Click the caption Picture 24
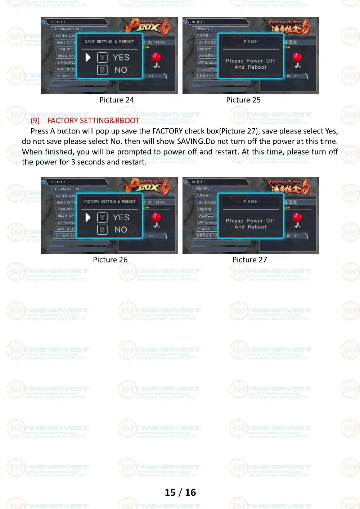coord(116,100)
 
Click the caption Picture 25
coord(243,100)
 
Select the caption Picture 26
coord(110,260)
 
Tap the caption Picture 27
coord(249,260)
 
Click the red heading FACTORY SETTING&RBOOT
coord(93,121)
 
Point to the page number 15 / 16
coord(180,492)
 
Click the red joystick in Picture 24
coord(157,59)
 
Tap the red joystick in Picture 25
coord(298,59)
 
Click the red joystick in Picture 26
coord(157,219)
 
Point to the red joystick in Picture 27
coord(298,219)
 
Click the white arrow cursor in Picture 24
coord(88,58)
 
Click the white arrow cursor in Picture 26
coord(88,217)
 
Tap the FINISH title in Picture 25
coord(251,42)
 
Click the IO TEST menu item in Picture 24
coord(57,22)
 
